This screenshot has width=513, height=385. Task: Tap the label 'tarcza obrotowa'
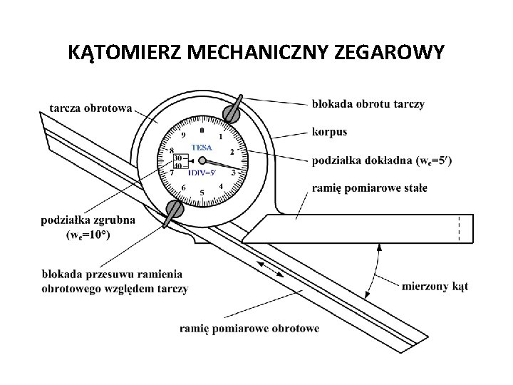[x=90, y=108]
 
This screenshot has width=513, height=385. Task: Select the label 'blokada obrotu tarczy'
[x=368, y=104]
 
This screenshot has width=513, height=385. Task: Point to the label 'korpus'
[x=329, y=132]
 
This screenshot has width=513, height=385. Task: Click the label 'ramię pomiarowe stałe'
[x=370, y=188]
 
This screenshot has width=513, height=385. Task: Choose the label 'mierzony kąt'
[x=435, y=286]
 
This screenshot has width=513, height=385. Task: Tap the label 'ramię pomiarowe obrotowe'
[x=249, y=328]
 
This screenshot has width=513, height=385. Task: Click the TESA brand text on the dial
[x=202, y=148]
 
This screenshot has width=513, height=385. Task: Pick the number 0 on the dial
[x=202, y=130]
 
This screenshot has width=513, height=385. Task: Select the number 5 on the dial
[x=202, y=192]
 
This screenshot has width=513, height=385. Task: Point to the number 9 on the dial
[x=183, y=135]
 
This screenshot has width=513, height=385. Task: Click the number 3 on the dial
[x=233, y=172]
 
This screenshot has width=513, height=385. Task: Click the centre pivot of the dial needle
[x=202, y=160]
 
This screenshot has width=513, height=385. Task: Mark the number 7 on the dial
[x=171, y=173]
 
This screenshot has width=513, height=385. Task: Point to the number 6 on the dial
[x=183, y=187]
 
